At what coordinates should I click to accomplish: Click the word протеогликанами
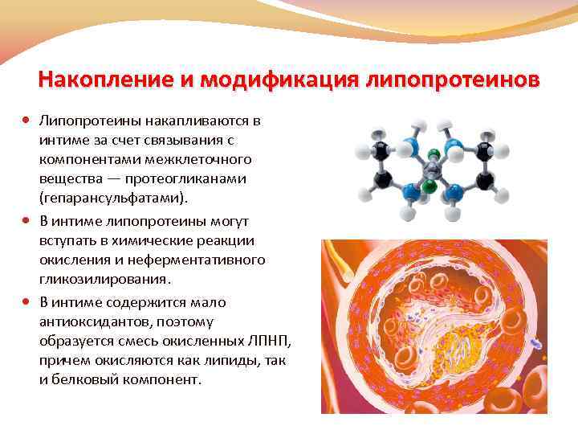(196, 178)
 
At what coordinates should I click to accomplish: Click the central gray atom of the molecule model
(433, 167)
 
